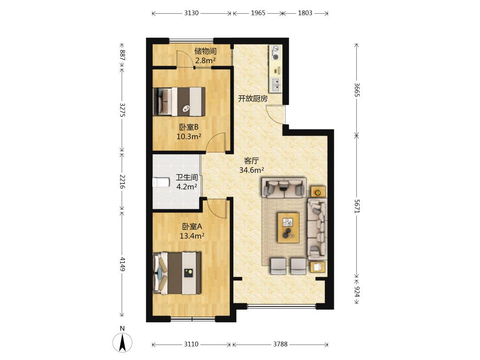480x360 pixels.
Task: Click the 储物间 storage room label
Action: click(205, 51)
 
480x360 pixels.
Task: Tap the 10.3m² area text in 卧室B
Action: click(189, 136)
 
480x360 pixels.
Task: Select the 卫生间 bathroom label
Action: click(186, 177)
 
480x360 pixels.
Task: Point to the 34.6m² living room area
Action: click(252, 170)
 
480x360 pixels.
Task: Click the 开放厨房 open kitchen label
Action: click(253, 99)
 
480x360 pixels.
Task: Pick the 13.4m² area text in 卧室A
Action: click(192, 236)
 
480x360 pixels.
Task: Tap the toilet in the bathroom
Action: click(161, 182)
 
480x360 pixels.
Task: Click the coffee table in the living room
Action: click(288, 228)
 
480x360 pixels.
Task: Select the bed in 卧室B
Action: click(180, 102)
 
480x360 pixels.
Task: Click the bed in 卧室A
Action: click(177, 273)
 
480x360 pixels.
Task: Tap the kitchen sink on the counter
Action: click(276, 85)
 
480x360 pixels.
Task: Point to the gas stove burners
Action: click(276, 52)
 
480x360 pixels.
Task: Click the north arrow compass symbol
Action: click(123, 342)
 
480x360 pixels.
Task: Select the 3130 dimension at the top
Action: click(191, 13)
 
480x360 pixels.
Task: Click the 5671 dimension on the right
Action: click(357, 206)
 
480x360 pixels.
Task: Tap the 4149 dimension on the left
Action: click(122, 264)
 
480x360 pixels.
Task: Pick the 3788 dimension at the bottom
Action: click(280, 344)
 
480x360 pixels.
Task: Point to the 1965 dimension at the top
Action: click(258, 13)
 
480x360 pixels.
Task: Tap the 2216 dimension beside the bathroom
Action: click(122, 181)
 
